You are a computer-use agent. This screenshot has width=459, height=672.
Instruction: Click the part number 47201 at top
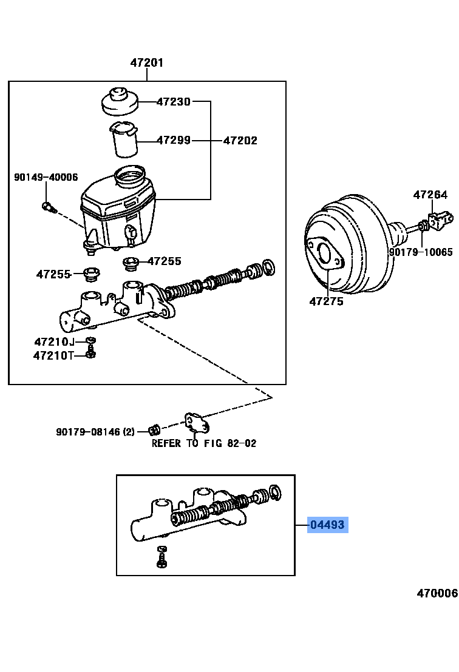tap(147, 62)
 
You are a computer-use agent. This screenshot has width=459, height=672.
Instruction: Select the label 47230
tap(174, 102)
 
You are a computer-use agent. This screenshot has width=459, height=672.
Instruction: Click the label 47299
tap(174, 140)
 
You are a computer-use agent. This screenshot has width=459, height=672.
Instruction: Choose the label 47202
tap(240, 140)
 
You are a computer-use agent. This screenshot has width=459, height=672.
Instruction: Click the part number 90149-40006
tap(46, 177)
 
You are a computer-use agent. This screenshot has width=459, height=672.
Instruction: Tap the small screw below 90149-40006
tap(49, 208)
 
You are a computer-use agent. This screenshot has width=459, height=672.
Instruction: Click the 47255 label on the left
tap(53, 274)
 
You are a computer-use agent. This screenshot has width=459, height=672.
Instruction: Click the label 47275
tap(326, 301)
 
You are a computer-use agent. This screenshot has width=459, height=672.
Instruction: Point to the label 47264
tap(430, 195)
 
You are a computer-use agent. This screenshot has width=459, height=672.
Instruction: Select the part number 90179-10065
tap(421, 252)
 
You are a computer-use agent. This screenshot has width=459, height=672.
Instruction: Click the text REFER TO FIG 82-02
tap(204, 443)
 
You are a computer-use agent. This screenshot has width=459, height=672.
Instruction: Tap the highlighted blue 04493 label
tap(328, 525)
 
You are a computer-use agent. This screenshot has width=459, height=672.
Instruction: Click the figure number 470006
tap(437, 593)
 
